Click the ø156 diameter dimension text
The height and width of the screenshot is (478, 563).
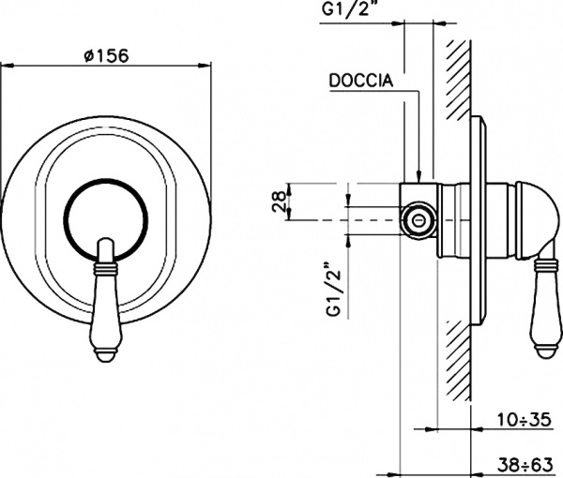[105, 55]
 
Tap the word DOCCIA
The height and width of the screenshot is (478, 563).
[361, 82]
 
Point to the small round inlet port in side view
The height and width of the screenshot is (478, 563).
[418, 221]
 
